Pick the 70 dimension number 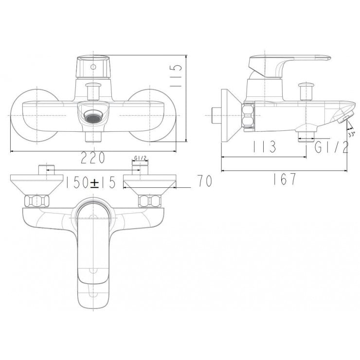coord(205,182)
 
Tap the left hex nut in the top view coord(37,200)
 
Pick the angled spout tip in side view coord(344,117)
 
